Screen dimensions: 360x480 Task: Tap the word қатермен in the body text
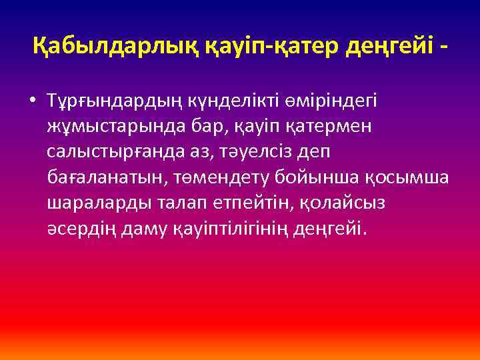[x=309, y=126]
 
